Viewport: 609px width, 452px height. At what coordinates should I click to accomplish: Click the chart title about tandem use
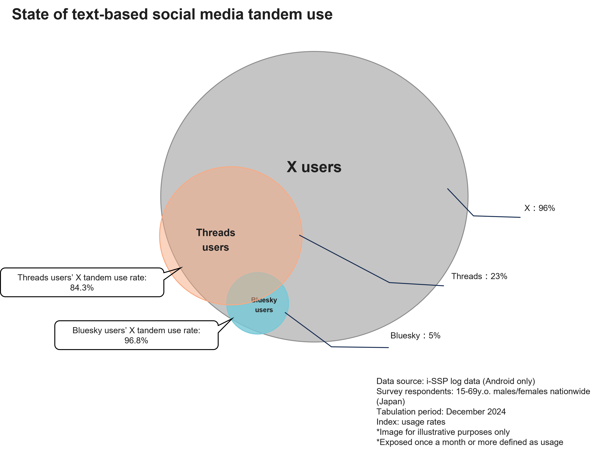coord(172,14)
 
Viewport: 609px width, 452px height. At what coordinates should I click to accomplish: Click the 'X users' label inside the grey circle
coord(314,167)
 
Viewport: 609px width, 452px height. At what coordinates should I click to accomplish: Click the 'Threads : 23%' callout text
coord(479,276)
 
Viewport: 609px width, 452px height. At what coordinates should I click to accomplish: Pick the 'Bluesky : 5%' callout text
coord(415,335)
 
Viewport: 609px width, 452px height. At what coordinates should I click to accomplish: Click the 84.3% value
coord(82,288)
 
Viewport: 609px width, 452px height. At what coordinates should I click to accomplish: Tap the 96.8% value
coord(136,341)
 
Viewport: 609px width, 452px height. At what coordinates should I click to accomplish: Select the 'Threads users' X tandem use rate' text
coord(82,278)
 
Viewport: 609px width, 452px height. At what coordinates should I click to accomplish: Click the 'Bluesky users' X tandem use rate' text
coord(136,330)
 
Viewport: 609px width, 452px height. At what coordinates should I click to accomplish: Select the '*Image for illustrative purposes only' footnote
coord(443,432)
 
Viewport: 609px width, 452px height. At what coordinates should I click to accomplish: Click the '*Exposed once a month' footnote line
coord(470,442)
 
